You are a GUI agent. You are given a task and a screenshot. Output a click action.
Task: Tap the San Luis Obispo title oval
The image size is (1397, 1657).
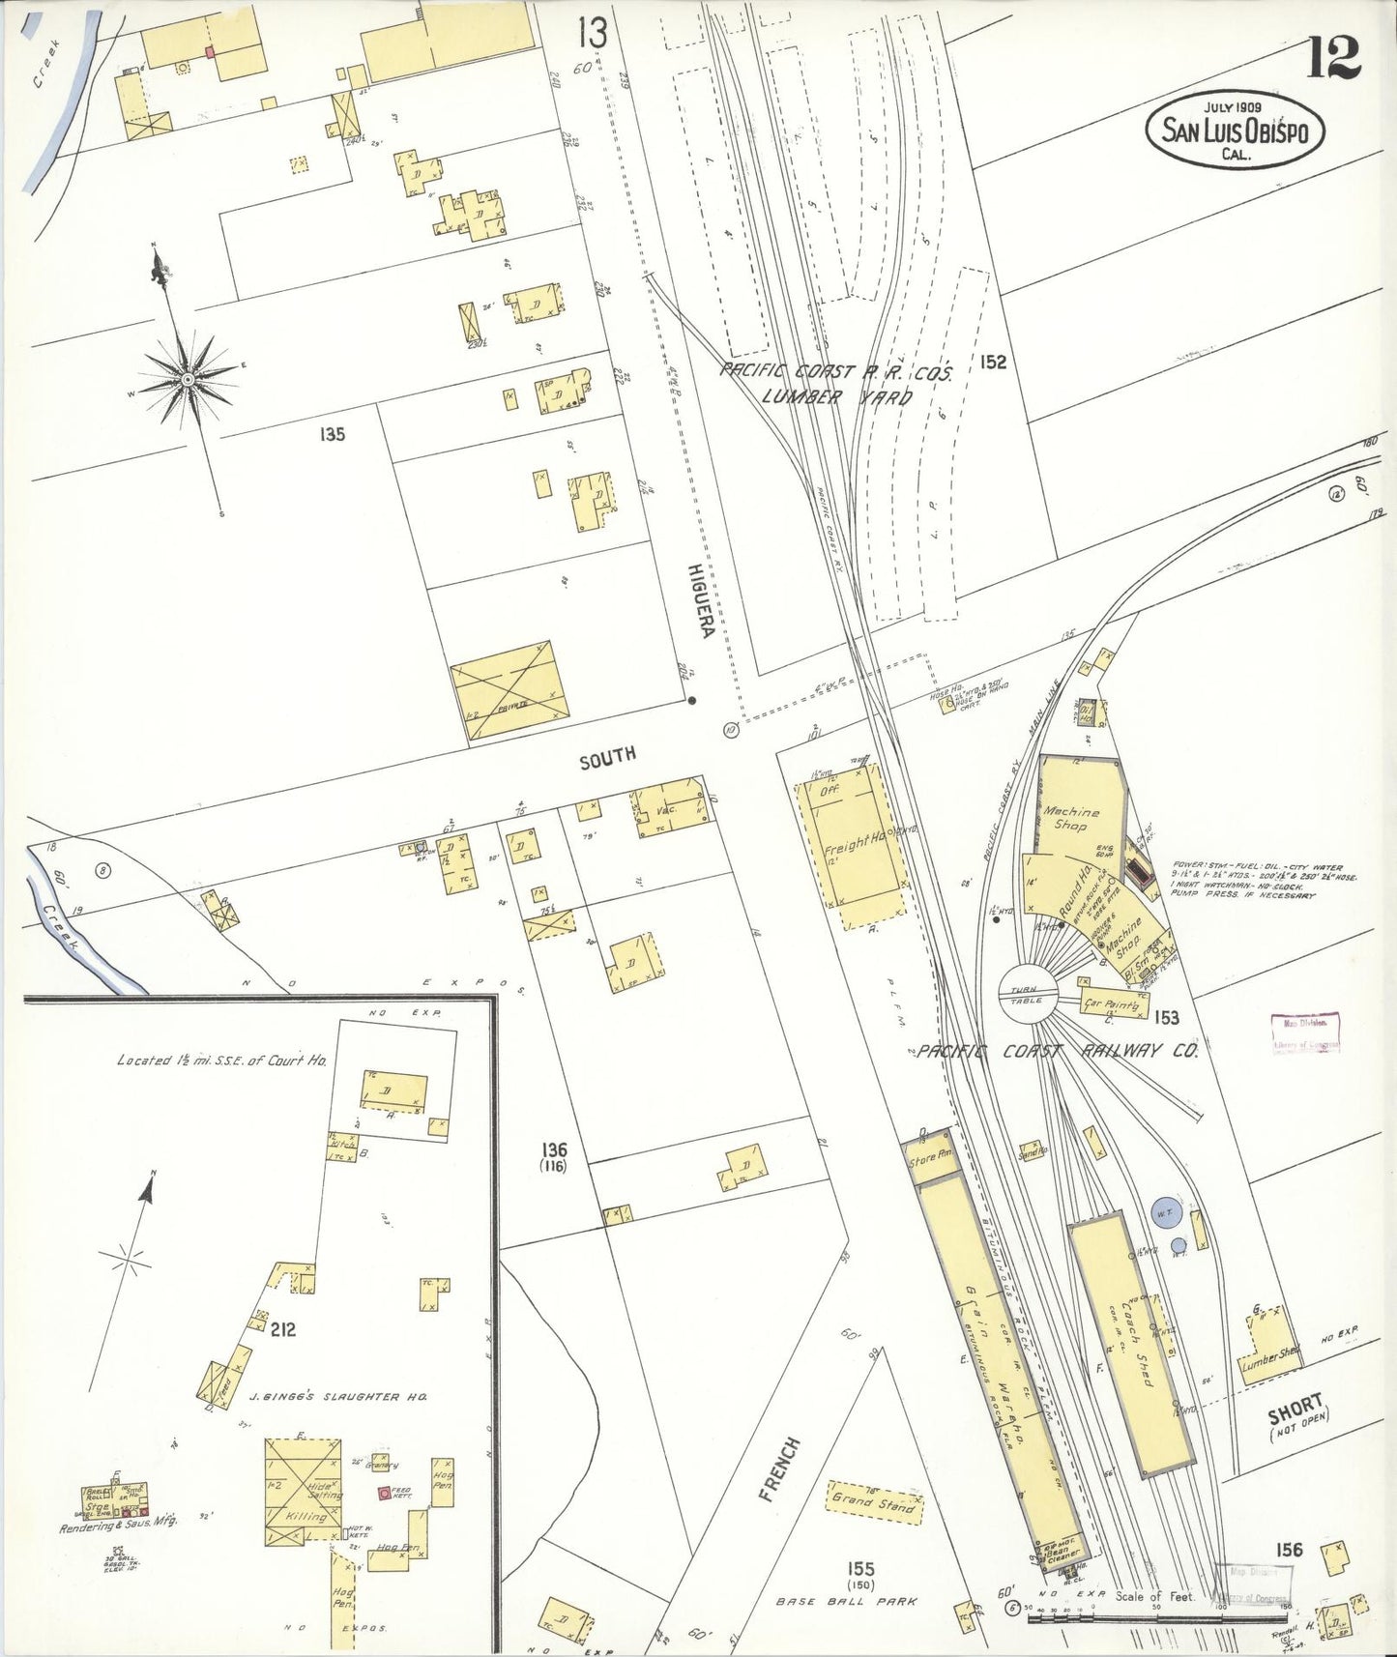tap(1235, 131)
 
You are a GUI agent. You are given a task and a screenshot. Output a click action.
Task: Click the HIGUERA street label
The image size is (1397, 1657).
tap(700, 599)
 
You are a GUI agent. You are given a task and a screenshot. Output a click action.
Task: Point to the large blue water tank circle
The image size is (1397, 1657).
tap(1163, 1209)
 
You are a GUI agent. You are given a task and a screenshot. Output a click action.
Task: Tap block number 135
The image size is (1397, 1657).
tap(332, 434)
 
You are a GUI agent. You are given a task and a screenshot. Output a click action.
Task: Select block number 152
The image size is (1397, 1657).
tap(992, 363)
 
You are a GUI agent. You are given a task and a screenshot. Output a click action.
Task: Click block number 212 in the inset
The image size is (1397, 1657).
tap(283, 1329)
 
